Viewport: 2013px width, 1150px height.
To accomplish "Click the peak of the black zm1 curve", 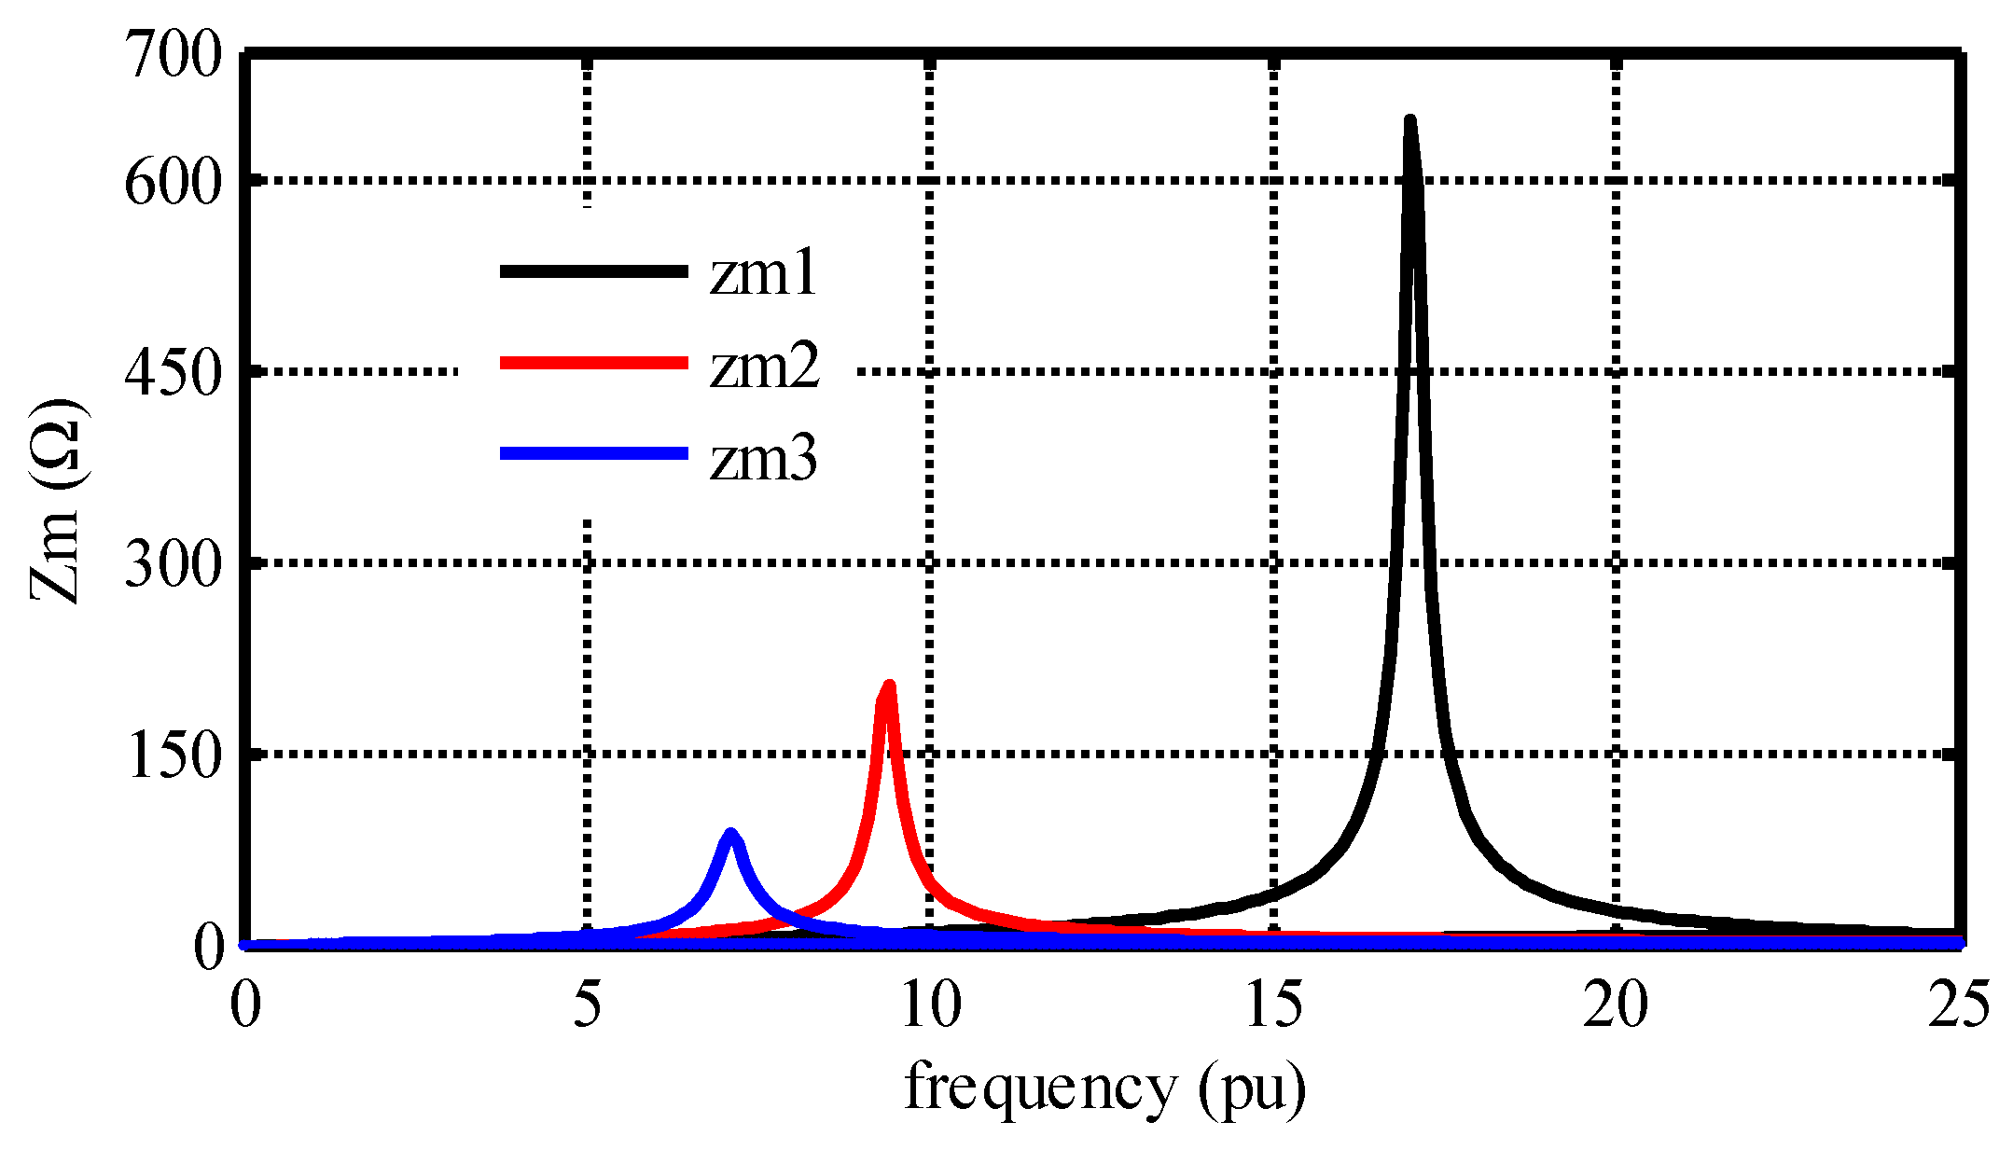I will click(1409, 122).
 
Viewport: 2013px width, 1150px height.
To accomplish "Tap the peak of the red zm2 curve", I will click(888, 687).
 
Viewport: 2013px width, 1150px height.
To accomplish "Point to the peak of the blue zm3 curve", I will click(730, 834).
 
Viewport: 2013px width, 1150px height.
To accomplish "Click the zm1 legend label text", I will click(763, 274).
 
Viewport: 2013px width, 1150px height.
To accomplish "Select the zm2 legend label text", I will click(764, 366).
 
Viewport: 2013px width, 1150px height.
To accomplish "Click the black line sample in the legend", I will click(593, 271).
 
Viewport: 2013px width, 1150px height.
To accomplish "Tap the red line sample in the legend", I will click(593, 363).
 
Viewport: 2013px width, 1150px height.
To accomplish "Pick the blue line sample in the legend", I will click(593, 454).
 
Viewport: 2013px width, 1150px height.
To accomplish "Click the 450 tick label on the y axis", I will click(174, 373).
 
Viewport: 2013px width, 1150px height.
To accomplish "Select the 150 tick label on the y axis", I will click(174, 755).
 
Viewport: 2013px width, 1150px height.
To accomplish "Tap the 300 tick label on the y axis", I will click(174, 563).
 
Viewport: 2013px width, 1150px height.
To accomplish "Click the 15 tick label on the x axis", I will click(1274, 1005).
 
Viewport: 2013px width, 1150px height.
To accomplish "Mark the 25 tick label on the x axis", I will click(1959, 1005).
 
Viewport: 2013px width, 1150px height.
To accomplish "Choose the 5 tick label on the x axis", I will click(587, 1005).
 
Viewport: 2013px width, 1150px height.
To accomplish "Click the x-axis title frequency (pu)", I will click(1105, 1088).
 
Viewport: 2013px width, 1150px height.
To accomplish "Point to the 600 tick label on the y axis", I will click(174, 182).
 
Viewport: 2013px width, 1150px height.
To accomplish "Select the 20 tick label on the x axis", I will click(1616, 1005).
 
